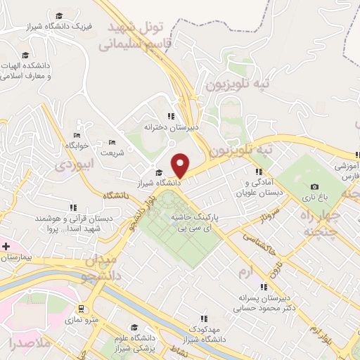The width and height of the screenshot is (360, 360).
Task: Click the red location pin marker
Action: click(181, 165)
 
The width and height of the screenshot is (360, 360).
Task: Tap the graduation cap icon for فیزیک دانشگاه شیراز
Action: click(59, 15)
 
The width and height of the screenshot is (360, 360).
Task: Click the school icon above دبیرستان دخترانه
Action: click(171, 117)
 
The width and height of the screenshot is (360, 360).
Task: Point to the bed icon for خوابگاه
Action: click(77, 135)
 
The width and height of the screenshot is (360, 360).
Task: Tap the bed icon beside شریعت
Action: click(112, 143)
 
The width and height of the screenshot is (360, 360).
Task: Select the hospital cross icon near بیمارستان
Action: click(6, 247)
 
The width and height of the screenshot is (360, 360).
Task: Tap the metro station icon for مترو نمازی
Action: click(83, 309)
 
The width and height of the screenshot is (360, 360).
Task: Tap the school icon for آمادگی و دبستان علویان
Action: click(259, 172)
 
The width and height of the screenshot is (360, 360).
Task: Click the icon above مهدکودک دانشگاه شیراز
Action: click(204, 319)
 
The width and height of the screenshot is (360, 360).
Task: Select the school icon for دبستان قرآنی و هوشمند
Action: click(73, 208)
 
